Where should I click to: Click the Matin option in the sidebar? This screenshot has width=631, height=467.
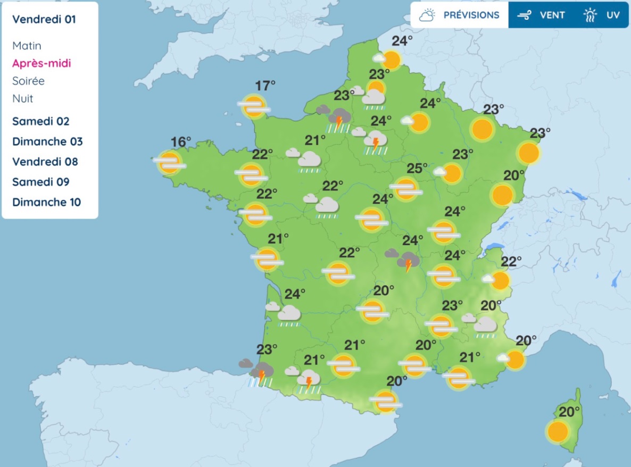pyautogui.click(x=27, y=46)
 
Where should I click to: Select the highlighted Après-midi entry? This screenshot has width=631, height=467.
pyautogui.click(x=41, y=63)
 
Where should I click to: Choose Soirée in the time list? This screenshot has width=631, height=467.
pyautogui.click(x=28, y=81)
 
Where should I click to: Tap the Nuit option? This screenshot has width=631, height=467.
pyautogui.click(x=23, y=98)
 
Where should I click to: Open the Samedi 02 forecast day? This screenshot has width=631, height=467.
pyautogui.click(x=41, y=121)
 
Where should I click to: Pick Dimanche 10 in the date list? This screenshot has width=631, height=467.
pyautogui.click(x=47, y=202)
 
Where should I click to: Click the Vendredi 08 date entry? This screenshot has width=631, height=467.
pyautogui.click(x=45, y=162)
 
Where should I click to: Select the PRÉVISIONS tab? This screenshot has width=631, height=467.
pyautogui.click(x=460, y=15)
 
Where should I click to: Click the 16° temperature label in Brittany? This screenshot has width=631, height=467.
pyautogui.click(x=181, y=142)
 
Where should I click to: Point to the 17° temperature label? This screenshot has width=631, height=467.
pyautogui.click(x=265, y=85)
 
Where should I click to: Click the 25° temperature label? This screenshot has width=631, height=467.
pyautogui.click(x=417, y=169)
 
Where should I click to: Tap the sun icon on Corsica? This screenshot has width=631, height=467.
pyautogui.click(x=558, y=431)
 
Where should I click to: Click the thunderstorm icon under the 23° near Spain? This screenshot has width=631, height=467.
pyautogui.click(x=260, y=373)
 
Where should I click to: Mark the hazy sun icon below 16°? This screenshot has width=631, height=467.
pyautogui.click(x=170, y=163)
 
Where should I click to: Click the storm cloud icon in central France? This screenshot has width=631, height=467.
pyautogui.click(x=407, y=261)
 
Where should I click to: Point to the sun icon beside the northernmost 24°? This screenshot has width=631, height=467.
pyautogui.click(x=391, y=60)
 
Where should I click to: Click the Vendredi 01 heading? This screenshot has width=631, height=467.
pyautogui.click(x=44, y=20)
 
